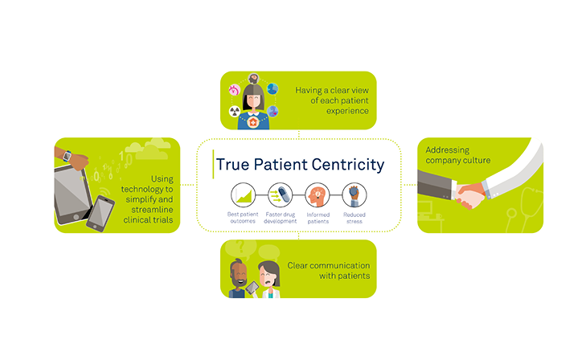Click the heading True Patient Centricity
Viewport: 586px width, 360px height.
300,165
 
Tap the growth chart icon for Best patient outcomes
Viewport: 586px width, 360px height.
244,195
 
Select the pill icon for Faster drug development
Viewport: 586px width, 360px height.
280,195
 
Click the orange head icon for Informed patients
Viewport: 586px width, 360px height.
318,195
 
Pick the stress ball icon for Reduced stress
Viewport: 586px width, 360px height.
354,195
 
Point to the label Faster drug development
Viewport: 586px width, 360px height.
281,218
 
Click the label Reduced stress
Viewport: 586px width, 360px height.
354,218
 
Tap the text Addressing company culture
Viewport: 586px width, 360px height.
458,155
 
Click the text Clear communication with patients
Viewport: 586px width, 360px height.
329,271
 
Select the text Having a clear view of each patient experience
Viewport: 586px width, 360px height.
332,100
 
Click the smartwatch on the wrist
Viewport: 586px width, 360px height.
68,156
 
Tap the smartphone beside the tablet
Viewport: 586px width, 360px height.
100,213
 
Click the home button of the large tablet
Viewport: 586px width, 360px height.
76,217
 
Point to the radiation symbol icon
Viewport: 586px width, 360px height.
235,111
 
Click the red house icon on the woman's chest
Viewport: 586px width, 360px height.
253,122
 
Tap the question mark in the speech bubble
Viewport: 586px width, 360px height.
240,246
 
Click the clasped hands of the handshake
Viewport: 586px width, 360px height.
469,196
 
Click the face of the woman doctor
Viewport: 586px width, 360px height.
269,276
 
